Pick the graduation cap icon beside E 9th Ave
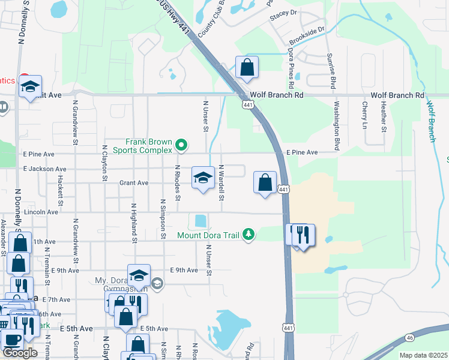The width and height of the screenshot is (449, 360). (x=139, y=276)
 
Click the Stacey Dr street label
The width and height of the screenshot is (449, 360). (x=283, y=12)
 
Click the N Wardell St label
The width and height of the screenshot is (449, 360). (x=221, y=182)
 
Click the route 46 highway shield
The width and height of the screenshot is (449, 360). (x=409, y=338)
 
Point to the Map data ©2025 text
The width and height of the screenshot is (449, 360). (x=423, y=355)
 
